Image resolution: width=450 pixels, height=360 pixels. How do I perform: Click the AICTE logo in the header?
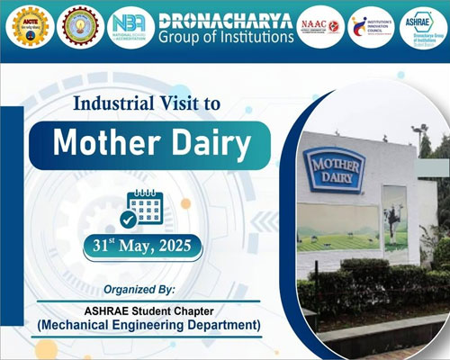tap(27, 27)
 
